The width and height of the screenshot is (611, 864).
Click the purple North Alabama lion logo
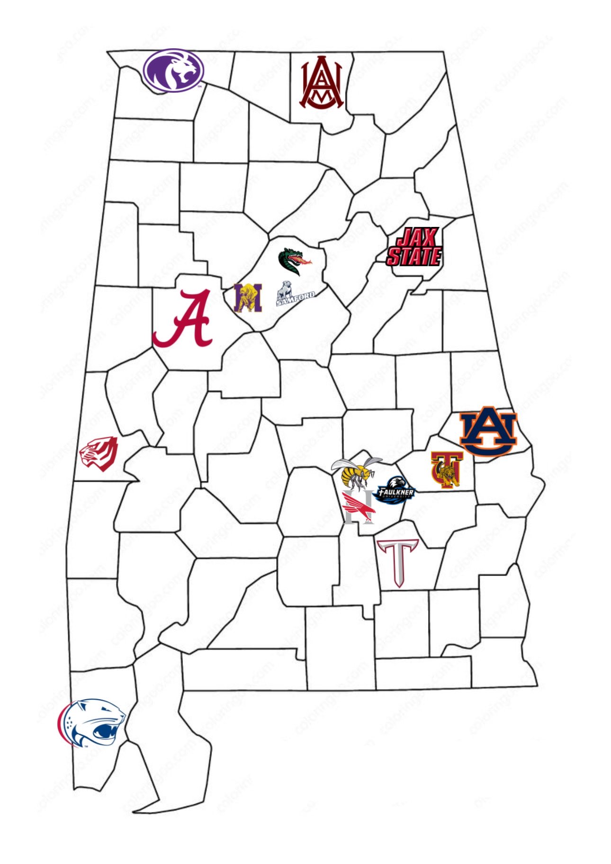click(x=173, y=71)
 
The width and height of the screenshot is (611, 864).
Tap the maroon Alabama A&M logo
click(x=323, y=83)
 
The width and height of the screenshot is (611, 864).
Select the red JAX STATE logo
click(x=414, y=247)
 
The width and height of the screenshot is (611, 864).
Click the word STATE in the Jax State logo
click(x=414, y=256)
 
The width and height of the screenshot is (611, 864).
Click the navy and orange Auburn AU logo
click(x=488, y=430)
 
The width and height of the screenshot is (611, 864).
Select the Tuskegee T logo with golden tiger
click(x=446, y=469)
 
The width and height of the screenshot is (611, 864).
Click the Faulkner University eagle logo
click(x=395, y=491)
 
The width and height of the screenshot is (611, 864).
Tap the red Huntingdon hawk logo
click(x=359, y=508)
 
